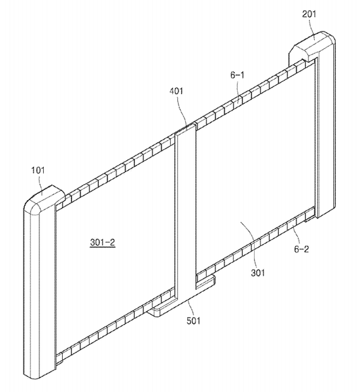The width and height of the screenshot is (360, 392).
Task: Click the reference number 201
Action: coord(309,14)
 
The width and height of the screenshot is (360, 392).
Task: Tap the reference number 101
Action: coord(38,170)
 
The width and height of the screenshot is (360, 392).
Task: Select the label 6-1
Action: coord(238,75)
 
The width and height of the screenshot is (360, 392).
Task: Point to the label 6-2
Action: coord(301,249)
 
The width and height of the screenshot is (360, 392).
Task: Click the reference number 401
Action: coord(177,91)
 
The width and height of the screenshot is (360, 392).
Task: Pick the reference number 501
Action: coord(194,320)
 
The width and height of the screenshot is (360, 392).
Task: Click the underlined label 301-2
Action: coord(103,242)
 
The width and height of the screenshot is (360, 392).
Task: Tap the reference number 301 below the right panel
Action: coord(258,273)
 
